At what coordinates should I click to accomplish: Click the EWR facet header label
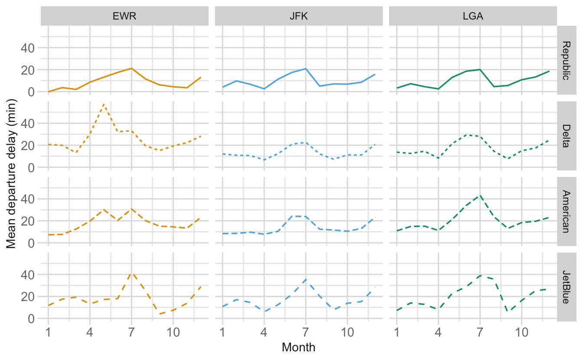click(124, 16)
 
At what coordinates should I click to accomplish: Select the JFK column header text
click(298, 16)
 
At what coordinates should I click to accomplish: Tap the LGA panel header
click(473, 16)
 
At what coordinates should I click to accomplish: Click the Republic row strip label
click(567, 60)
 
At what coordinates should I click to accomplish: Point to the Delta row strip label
click(567, 136)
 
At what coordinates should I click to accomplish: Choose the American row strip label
click(567, 211)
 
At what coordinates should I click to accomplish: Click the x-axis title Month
click(298, 347)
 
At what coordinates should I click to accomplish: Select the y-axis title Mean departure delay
click(11, 173)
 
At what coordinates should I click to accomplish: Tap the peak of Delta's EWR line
click(104, 104)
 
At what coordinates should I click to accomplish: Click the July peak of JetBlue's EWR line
click(131, 273)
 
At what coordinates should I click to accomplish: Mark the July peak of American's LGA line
click(480, 196)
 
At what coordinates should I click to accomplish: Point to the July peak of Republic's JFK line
click(306, 69)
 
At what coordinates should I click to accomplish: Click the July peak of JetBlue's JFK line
click(306, 279)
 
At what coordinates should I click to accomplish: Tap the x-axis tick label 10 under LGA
click(521, 332)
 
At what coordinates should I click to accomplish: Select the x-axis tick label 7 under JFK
click(306, 332)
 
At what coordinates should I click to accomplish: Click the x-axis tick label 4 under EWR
click(90, 332)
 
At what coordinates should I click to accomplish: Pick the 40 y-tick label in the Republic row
click(28, 48)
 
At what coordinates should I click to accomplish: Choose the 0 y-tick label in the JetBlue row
click(31, 319)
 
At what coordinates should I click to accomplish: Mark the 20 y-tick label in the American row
click(28, 221)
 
